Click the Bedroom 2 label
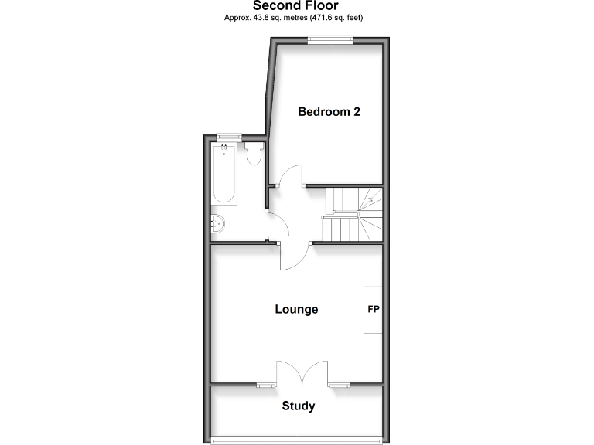[x=329, y=111]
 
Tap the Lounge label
[x=296, y=309]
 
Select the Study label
[x=298, y=406]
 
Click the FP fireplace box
[x=373, y=310]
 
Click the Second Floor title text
[x=296, y=5]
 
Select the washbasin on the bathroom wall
[x=218, y=224]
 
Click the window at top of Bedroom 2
[x=330, y=42]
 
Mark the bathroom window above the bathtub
[x=227, y=137]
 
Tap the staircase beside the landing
[x=353, y=215]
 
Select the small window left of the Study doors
[x=266, y=384]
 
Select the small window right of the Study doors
[x=338, y=384]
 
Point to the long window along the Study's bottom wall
[x=297, y=441]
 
